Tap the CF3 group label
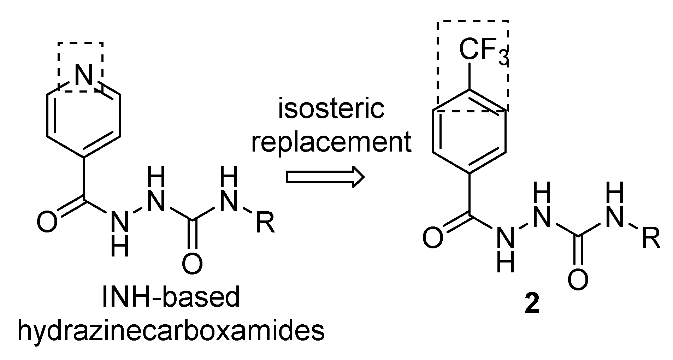(483, 52)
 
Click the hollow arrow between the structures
(325, 176)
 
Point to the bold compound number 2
(532, 305)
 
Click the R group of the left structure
(265, 223)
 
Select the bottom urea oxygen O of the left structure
(193, 264)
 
